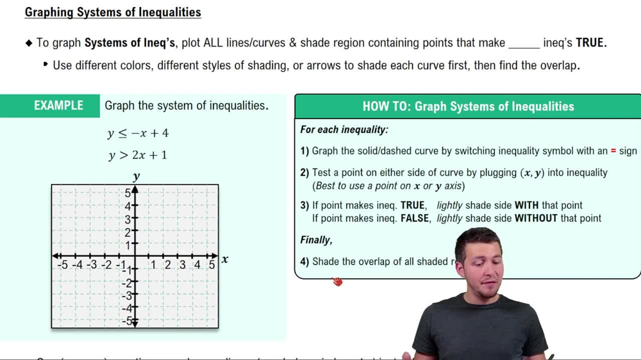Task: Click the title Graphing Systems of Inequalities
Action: [x=113, y=13]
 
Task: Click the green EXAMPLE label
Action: [x=58, y=106]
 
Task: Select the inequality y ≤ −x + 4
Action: [x=138, y=133]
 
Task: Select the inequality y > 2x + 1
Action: [x=138, y=155]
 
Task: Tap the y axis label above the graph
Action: [x=136, y=176]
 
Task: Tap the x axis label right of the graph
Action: [x=225, y=259]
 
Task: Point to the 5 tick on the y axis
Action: [x=128, y=193]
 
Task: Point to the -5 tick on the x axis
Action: [x=62, y=265]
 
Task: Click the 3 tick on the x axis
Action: [x=183, y=265]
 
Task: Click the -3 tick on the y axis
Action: [x=127, y=295]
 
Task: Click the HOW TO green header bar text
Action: [x=468, y=107]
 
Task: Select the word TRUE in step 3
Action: [x=413, y=205]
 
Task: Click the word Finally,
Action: [x=316, y=240]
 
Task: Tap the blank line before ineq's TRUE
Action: [x=524, y=44]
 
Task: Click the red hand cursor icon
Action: [x=337, y=281]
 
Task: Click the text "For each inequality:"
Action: [x=344, y=130]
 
